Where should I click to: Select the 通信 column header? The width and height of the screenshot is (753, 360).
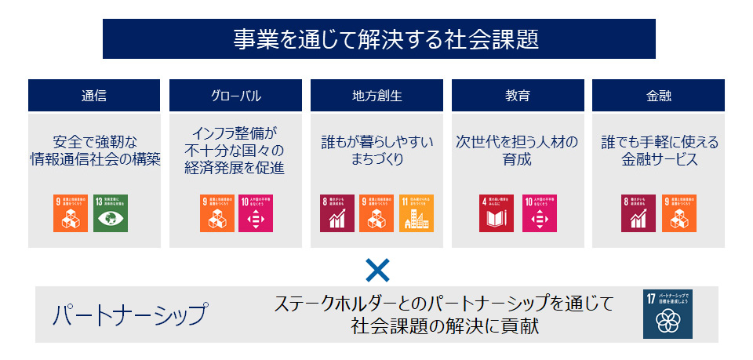pos(94,96)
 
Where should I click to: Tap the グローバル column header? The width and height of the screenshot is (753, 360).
pos(235,96)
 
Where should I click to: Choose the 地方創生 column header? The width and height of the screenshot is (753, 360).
pos(376,96)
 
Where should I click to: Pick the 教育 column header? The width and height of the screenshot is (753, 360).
pos(518,96)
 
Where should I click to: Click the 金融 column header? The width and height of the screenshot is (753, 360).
pos(659,96)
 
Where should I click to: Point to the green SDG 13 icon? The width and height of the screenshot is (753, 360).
pos(111,213)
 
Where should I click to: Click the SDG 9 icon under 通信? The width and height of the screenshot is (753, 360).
pos(70,213)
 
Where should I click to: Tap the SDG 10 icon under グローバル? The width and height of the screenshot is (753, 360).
pos(256,213)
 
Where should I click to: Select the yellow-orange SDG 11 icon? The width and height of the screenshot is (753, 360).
pos(417,213)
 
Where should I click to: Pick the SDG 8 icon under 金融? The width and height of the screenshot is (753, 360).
pos(638,213)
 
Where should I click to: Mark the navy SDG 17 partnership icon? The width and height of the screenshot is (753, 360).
pos(668,315)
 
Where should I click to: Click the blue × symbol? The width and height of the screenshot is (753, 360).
pos(377,271)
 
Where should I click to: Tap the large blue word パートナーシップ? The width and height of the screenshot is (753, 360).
pos(130,315)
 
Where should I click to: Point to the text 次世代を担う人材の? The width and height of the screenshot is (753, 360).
pos(518,143)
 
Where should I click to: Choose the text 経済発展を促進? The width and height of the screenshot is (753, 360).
pos(235,167)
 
